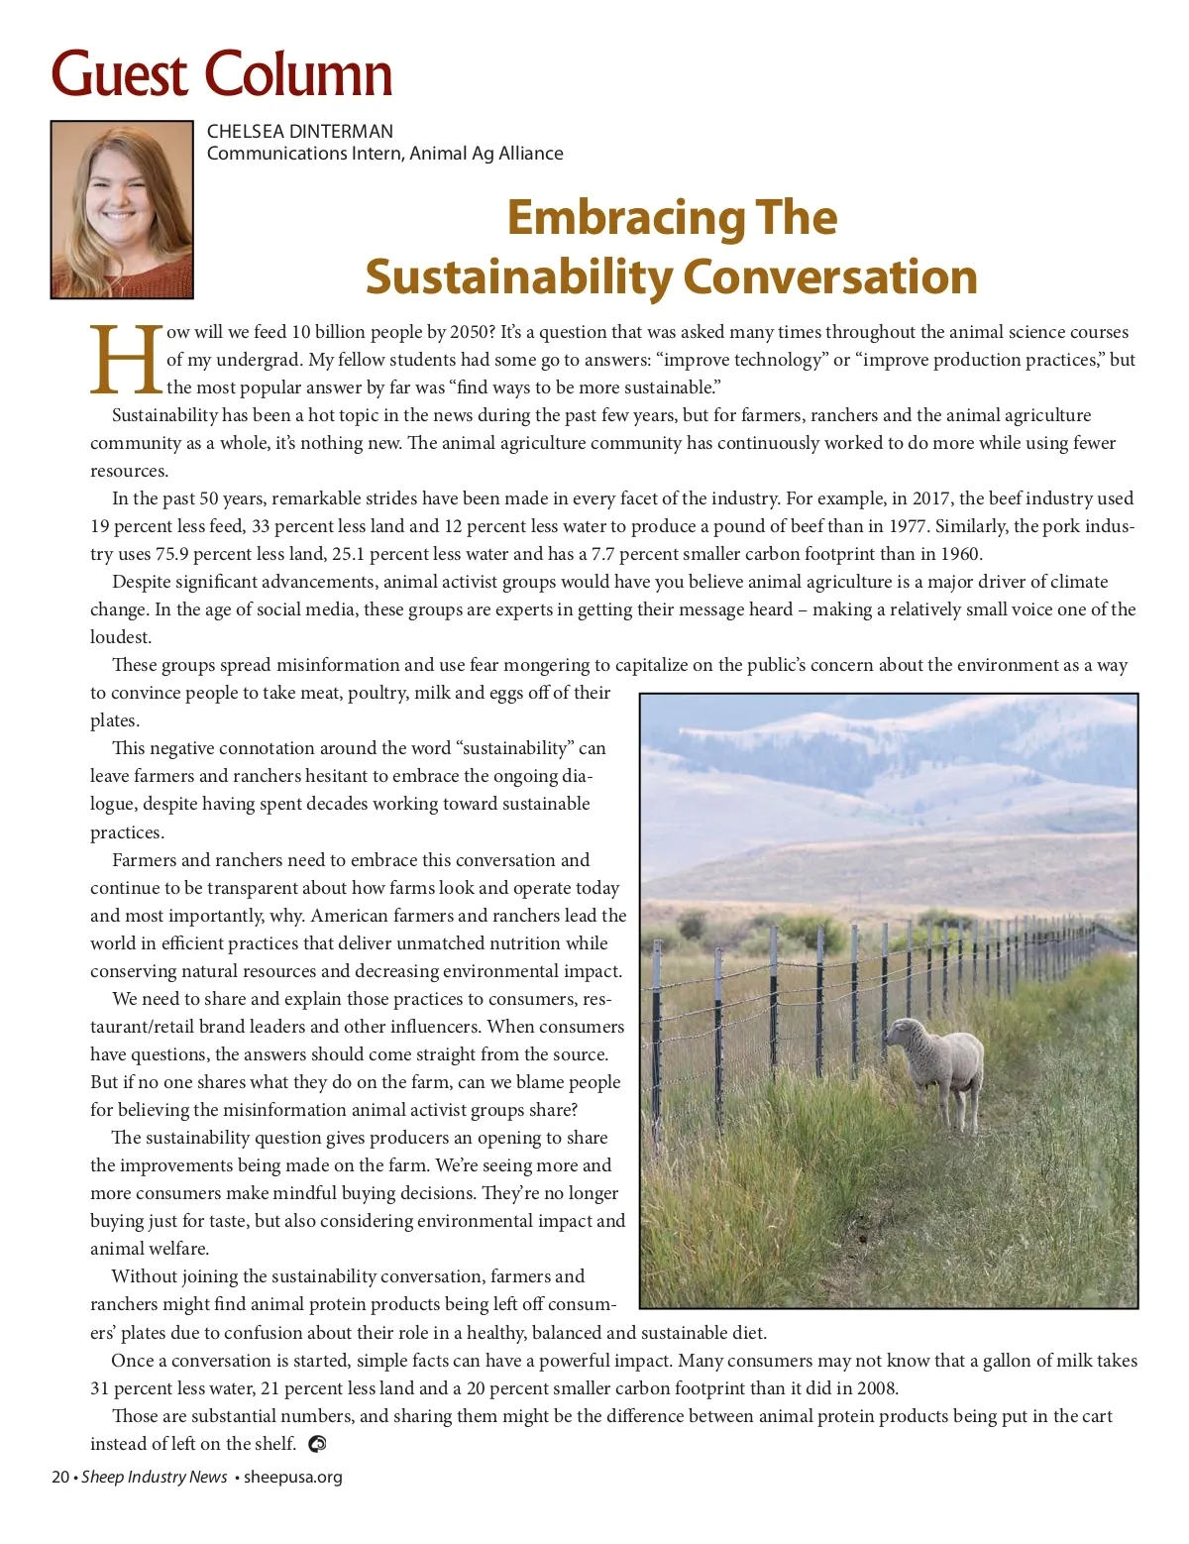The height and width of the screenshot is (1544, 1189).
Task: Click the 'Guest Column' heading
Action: coord(222,74)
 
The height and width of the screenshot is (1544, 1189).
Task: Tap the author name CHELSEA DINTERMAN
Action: coord(299,131)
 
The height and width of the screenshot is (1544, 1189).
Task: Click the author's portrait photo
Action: coord(122,209)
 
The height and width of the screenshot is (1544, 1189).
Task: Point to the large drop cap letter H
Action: coord(126,359)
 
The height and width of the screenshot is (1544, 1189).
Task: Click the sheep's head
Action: coord(903,1036)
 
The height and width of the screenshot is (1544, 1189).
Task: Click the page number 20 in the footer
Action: coord(59,1477)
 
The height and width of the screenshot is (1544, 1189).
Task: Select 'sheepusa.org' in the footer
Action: coord(293,1477)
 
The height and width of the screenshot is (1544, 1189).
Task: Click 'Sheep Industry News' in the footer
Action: coord(154,1477)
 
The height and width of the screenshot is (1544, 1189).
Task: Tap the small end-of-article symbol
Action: coord(317,1444)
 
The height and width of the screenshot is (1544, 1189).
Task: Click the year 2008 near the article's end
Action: coord(877,1388)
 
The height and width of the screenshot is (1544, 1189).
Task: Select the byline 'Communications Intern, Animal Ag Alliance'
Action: coord(384,154)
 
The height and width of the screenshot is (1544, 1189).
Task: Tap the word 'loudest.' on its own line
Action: coord(121,637)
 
